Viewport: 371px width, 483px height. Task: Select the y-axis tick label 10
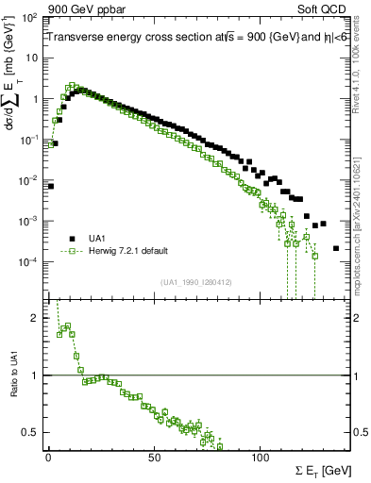coord(30,58)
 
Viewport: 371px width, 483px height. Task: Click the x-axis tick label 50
coord(155,457)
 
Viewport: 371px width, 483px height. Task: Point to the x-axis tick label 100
coord(261,457)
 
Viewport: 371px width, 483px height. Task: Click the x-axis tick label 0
coord(48,457)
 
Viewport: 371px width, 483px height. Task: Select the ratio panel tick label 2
coord(36,318)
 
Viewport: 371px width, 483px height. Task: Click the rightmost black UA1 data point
coord(336,248)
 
